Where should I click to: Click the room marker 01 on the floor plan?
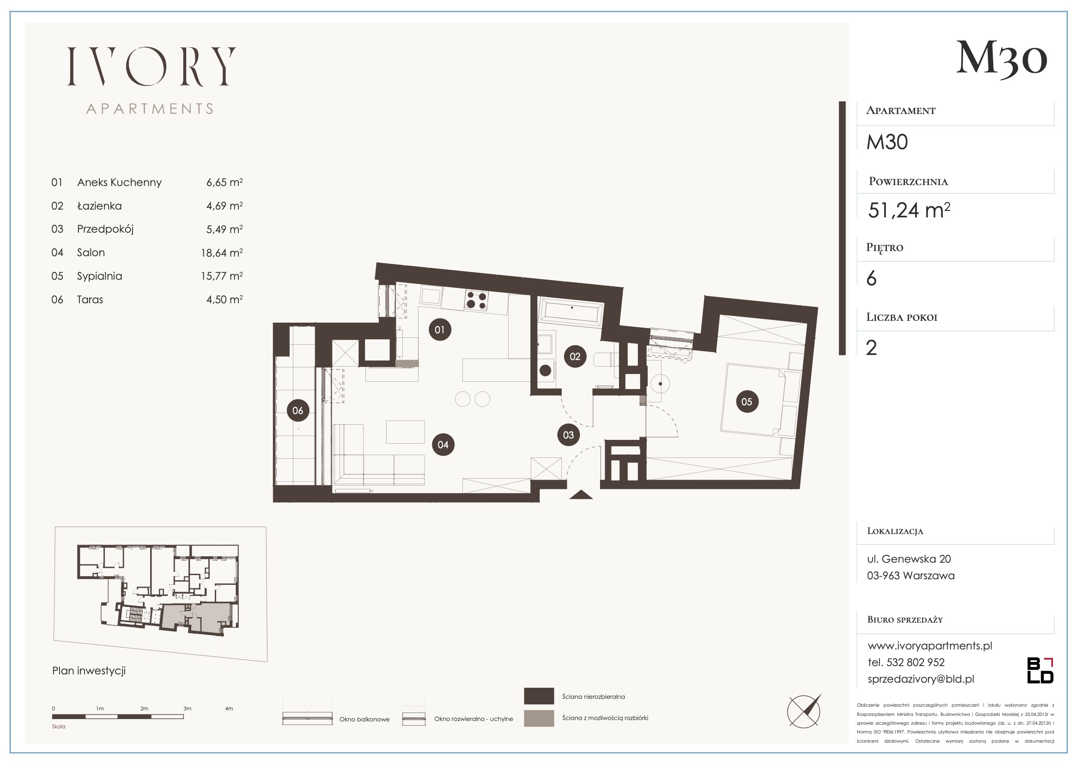click(x=440, y=330)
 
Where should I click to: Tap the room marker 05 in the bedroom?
click(x=747, y=402)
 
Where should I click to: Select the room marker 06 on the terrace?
click(x=298, y=410)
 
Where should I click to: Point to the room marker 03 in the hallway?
click(x=568, y=435)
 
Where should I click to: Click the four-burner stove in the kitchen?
click(x=476, y=300)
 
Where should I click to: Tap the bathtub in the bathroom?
click(x=571, y=312)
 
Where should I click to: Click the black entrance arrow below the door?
click(x=581, y=494)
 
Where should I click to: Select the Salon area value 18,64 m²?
click(x=222, y=252)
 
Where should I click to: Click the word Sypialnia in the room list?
click(x=99, y=276)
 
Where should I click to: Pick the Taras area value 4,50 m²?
click(x=224, y=300)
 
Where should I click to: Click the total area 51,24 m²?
click(x=909, y=210)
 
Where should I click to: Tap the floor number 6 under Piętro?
click(x=871, y=278)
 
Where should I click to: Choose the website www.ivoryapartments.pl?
click(x=929, y=645)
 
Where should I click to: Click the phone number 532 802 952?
click(x=916, y=662)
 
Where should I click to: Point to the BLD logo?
click(x=1040, y=670)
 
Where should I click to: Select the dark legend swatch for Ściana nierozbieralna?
click(x=539, y=696)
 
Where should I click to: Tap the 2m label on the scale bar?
click(x=144, y=709)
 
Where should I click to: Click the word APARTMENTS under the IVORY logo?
click(x=150, y=109)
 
